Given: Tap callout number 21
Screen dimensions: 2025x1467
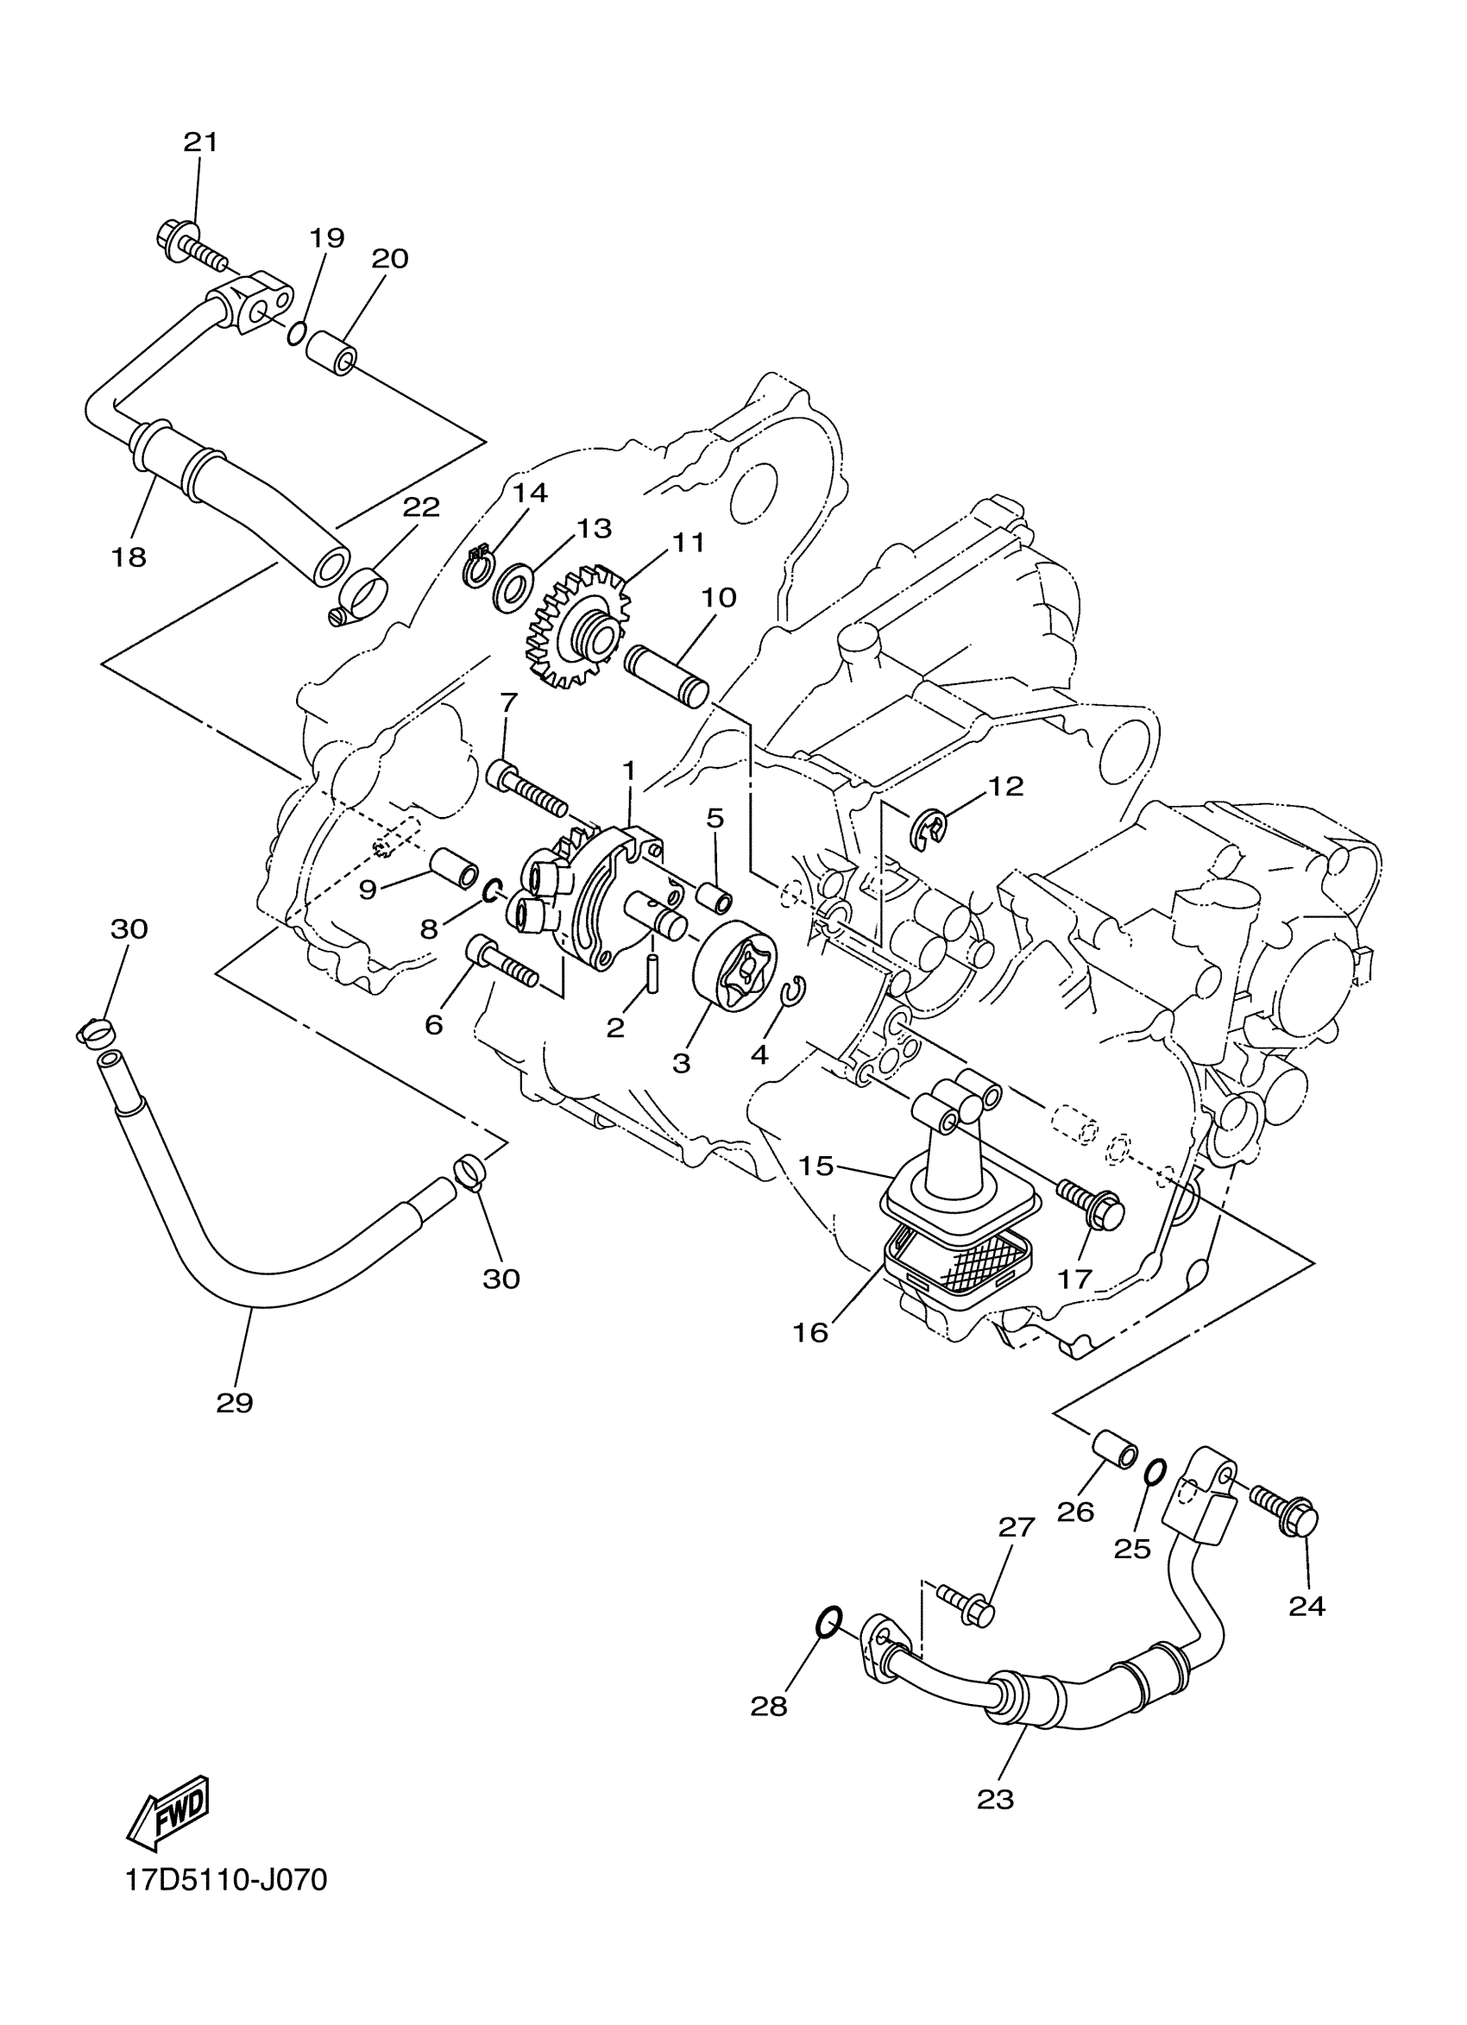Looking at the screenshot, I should point(201,142).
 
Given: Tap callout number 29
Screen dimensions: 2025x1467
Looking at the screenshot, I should point(235,1403).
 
